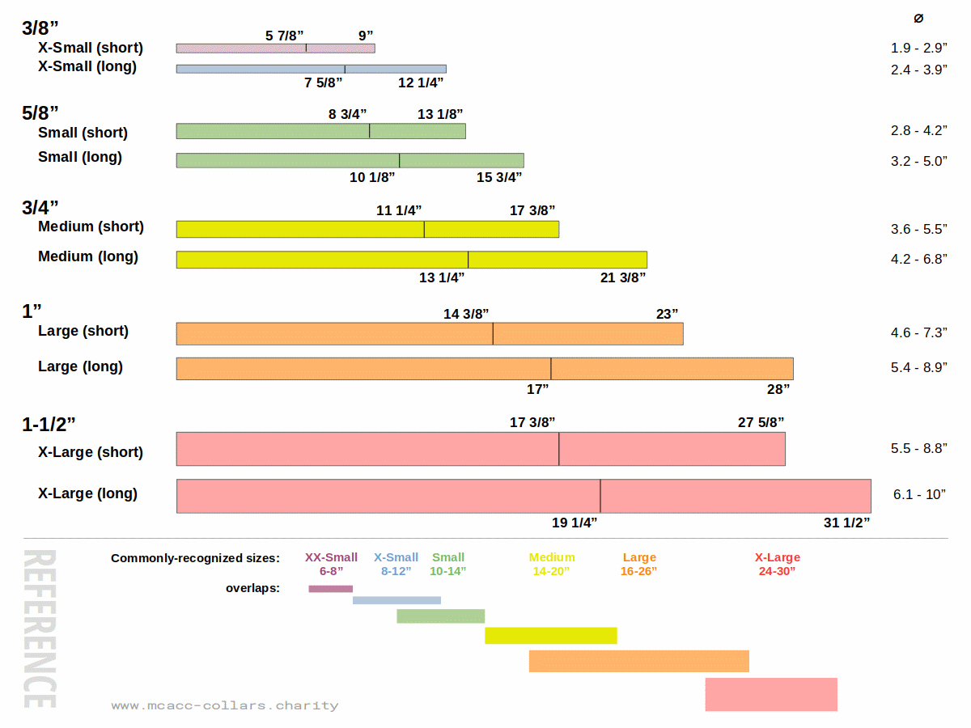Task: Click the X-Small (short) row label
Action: coord(91,48)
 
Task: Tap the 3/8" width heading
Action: coord(40,28)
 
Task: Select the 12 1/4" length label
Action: coord(421,83)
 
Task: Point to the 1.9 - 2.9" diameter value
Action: coord(919,49)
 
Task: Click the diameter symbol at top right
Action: coord(918,19)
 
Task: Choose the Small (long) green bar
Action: coord(350,160)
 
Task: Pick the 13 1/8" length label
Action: coord(440,114)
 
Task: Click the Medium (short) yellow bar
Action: coord(367,229)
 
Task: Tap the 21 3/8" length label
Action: coord(623,277)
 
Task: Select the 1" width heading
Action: coord(32,311)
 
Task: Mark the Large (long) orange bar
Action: coord(485,368)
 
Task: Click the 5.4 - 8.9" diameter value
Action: coord(919,367)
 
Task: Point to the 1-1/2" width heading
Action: coord(54,425)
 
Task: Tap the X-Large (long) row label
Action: coord(87,493)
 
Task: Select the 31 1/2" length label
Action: coord(846,523)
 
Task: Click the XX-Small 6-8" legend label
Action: coord(331,564)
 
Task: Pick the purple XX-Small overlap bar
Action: coord(331,589)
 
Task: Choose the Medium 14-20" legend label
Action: coord(552,564)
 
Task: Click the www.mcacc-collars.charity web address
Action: coord(225,705)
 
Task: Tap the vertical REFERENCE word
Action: coord(39,629)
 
